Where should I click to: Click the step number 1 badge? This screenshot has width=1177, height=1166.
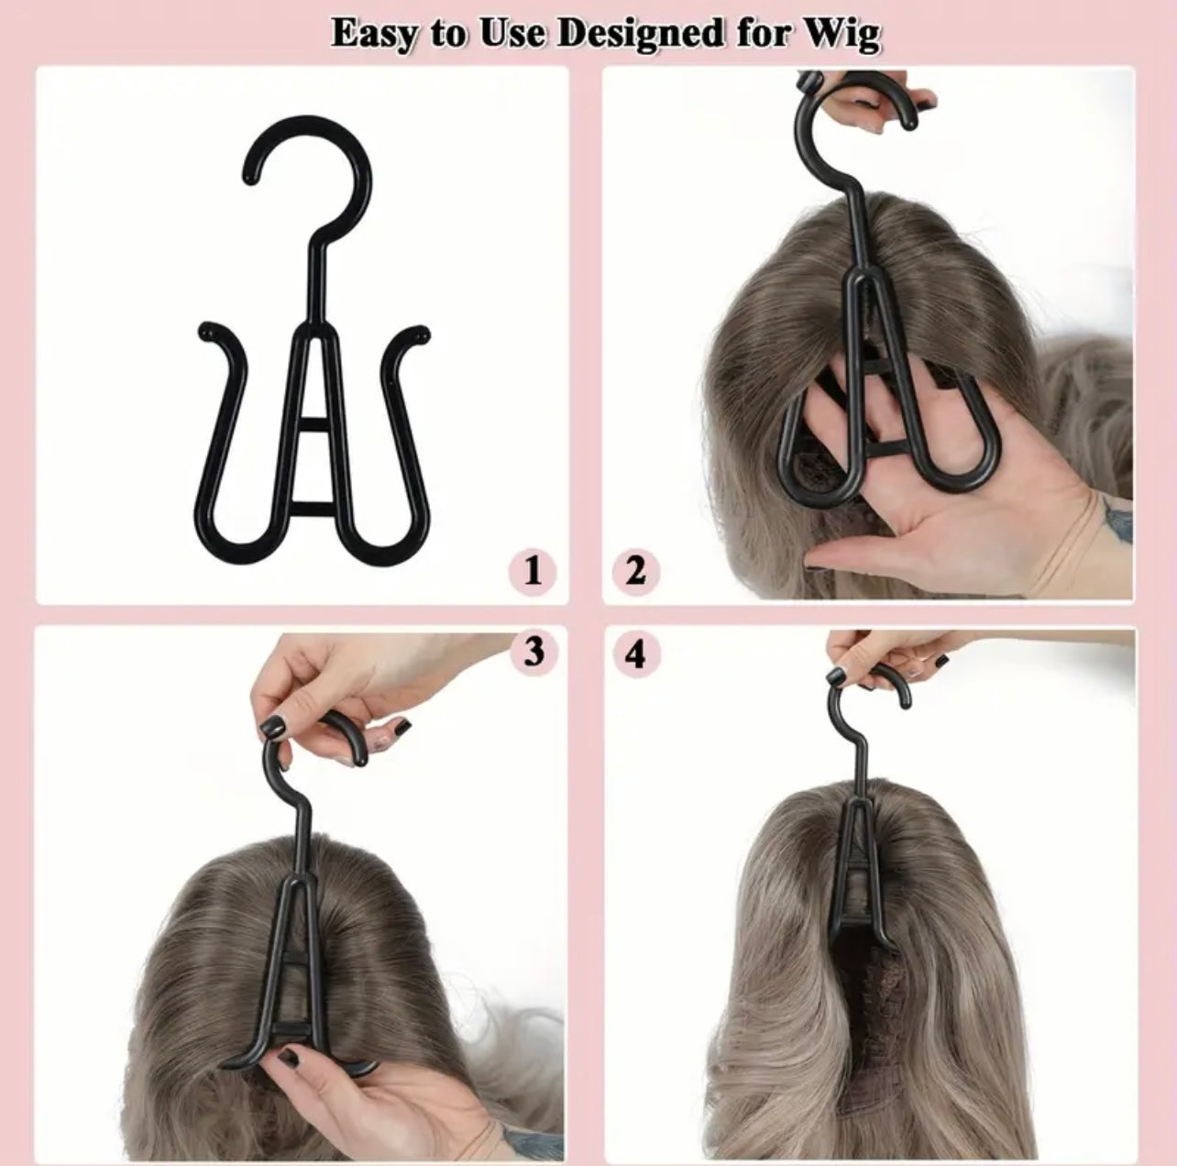click(x=533, y=572)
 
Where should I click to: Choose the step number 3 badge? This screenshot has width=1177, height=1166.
click(x=533, y=653)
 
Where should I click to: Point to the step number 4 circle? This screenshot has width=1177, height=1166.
click(x=635, y=654)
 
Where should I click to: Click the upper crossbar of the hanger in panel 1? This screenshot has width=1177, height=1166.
click(x=312, y=424)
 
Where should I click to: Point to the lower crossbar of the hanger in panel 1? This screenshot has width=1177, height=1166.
click(x=312, y=507)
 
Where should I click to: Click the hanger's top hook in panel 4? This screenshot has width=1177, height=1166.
click(x=871, y=692)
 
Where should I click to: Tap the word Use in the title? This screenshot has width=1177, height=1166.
click(x=506, y=34)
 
